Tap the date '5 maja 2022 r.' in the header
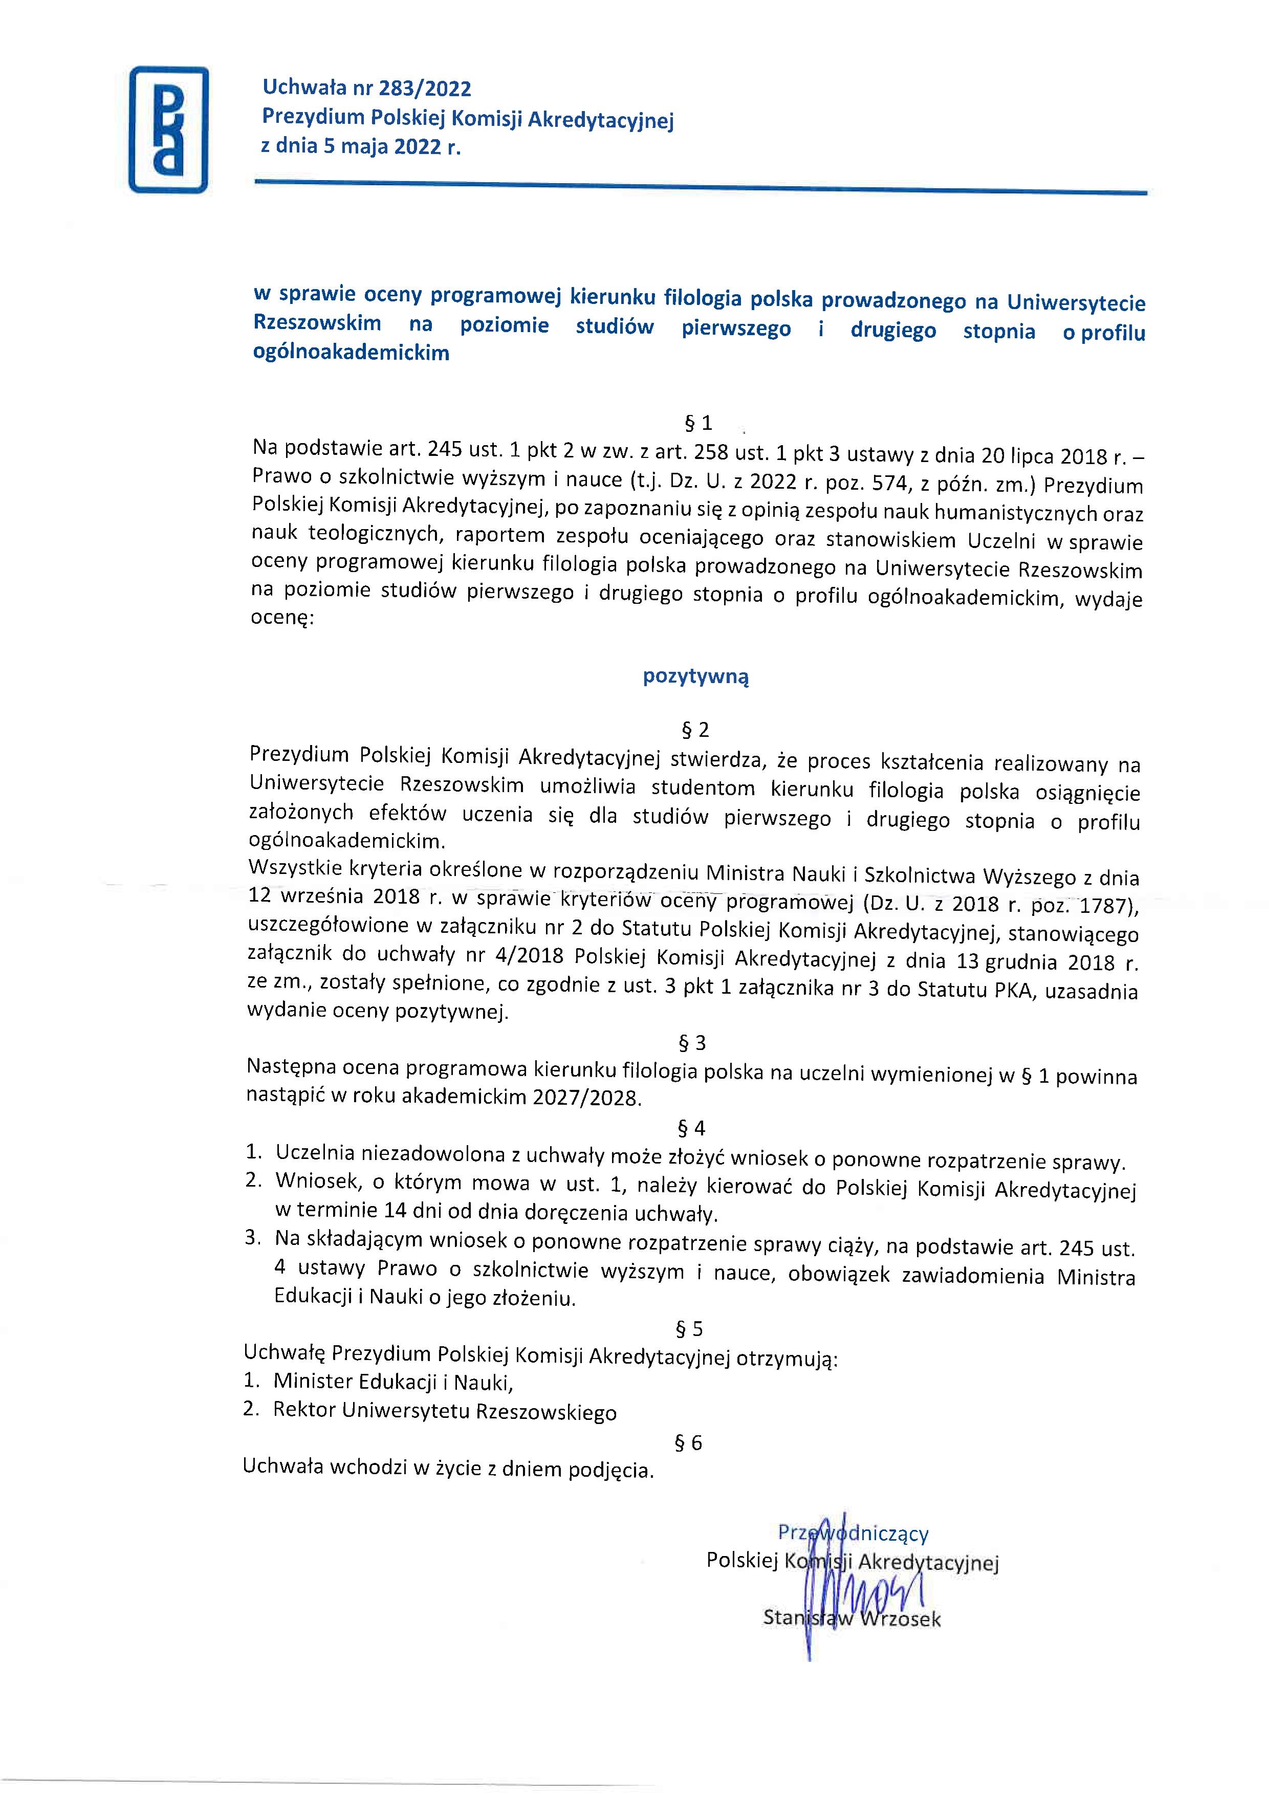click(x=391, y=146)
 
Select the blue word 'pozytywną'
click(x=696, y=676)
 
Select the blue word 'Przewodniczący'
click(x=853, y=1533)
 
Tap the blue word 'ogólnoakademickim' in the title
click(x=351, y=353)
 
